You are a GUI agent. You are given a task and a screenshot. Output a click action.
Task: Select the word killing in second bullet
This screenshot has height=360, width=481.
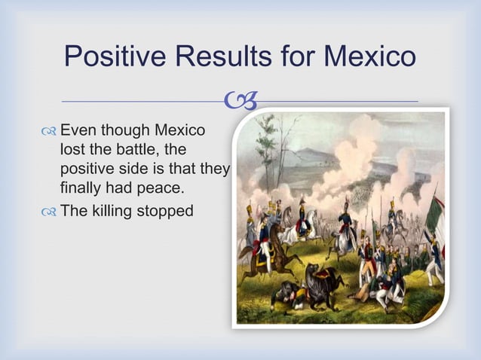[112, 210]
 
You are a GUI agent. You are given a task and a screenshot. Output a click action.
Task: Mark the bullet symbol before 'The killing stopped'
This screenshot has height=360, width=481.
[49, 211]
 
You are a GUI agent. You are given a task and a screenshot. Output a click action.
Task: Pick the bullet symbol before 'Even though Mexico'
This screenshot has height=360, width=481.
[49, 130]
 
